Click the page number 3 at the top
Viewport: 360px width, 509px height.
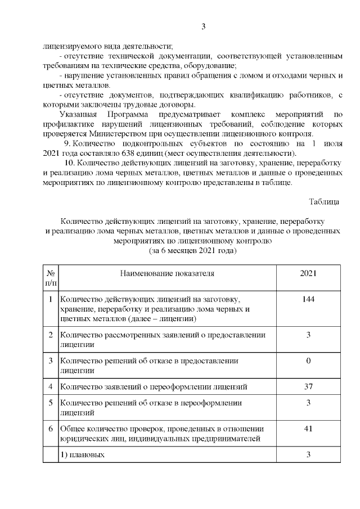tap(204, 26)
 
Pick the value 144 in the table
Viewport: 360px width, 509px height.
tap(308, 299)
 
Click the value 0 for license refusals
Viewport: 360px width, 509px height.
tap(308, 360)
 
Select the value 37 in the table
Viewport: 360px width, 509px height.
tap(308, 386)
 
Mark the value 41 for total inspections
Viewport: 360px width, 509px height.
tap(308, 429)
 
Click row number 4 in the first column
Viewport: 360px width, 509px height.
tap(50, 386)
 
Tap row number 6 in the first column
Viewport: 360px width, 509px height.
tap(50, 429)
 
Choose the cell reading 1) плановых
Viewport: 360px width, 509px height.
tap(82, 454)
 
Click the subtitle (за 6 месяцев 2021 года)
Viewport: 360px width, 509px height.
tap(192, 251)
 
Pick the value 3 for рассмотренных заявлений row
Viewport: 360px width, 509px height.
tap(308, 335)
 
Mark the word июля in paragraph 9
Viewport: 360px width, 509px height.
tap(331, 144)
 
